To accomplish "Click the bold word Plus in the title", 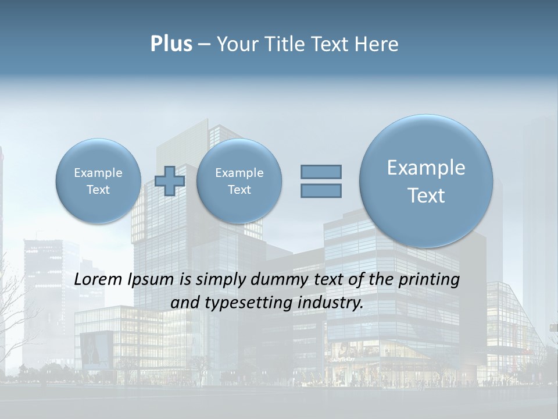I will pos(171,44).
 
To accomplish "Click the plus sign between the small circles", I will pos(170,180).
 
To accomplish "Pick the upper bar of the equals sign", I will pos(321,172).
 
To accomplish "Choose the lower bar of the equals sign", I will pos(321,190).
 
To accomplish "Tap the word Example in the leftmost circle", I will pos(98,173).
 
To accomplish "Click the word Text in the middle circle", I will pos(239,190).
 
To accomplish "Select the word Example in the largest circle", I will pos(426,168).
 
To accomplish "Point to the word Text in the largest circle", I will pos(426,196).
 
